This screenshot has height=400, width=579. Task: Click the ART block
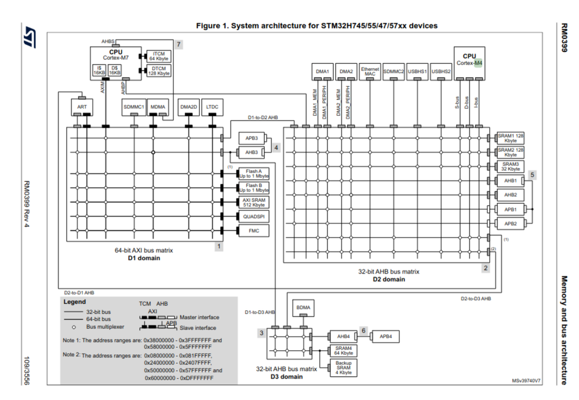pyautogui.click(x=81, y=107)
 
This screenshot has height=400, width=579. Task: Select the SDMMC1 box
pyautogui.click(x=134, y=107)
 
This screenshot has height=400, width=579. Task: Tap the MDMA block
pyautogui.click(x=158, y=107)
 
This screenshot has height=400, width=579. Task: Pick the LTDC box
pyautogui.click(x=212, y=107)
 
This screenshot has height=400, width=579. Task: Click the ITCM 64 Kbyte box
pyautogui.click(x=159, y=56)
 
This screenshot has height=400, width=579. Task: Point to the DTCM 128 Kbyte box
pyautogui.click(x=159, y=71)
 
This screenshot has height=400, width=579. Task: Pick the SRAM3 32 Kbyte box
pyautogui.click(x=511, y=167)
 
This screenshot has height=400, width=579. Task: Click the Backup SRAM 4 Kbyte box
pyautogui.click(x=344, y=368)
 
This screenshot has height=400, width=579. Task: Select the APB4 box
pyautogui.click(x=386, y=336)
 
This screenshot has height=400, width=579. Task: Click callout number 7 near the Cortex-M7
pyautogui.click(x=179, y=44)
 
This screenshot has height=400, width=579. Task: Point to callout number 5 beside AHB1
pyautogui.click(x=533, y=174)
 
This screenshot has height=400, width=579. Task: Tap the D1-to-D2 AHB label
pyautogui.click(x=263, y=118)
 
